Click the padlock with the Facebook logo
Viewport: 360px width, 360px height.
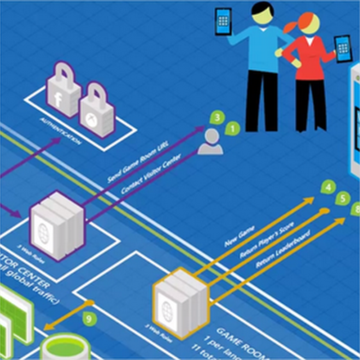point(63,90)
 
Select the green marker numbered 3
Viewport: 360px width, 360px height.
point(217,118)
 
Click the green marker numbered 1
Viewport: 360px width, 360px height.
point(232,128)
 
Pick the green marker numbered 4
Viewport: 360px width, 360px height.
point(329,187)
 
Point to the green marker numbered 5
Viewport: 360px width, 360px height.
point(343,198)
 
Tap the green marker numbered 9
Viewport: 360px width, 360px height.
point(90,319)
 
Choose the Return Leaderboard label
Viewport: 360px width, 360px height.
point(276,250)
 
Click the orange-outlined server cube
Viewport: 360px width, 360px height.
point(180,301)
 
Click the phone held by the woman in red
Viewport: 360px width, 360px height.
point(342,49)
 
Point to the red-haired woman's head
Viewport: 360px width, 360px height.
point(307,25)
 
